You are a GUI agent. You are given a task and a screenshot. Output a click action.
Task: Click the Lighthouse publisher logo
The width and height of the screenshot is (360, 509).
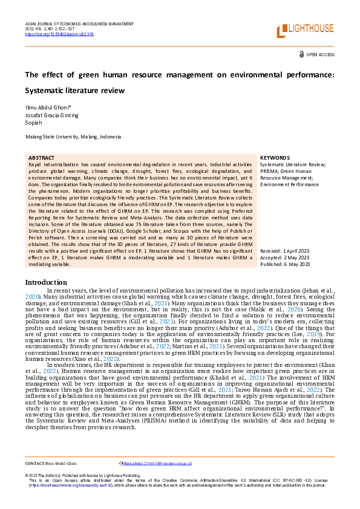tap(304, 30)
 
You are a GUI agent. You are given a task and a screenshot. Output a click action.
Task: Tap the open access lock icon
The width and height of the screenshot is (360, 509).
tap(302, 54)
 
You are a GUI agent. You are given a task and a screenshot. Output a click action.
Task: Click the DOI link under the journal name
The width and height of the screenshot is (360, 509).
tap(51, 34)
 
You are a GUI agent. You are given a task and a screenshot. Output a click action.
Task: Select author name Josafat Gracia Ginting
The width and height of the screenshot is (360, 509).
tap(51, 115)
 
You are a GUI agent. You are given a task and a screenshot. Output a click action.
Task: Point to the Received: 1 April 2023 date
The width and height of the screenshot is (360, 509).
tap(285, 250)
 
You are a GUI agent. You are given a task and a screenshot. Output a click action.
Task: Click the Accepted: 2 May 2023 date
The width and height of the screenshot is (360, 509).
tap(284, 257)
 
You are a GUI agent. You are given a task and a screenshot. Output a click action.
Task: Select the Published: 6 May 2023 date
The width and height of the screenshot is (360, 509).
tap(284, 264)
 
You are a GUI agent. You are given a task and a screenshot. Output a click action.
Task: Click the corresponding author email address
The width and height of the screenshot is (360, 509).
tap(157, 463)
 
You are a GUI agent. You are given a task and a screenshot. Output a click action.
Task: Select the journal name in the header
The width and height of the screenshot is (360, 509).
tap(79, 24)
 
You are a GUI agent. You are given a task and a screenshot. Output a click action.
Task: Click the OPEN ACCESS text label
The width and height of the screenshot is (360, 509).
tap(320, 54)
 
